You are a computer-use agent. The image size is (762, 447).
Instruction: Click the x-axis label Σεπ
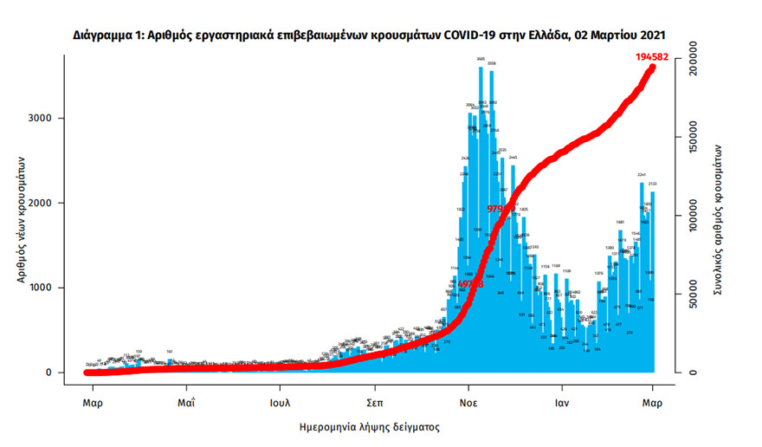[x=374, y=403]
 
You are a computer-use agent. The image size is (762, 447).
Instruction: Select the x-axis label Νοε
[x=468, y=403]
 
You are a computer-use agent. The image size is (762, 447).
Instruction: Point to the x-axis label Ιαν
[x=561, y=403]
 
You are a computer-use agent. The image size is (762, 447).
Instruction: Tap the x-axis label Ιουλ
[x=279, y=403]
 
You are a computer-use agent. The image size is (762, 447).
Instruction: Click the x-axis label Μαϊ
[x=185, y=403]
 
